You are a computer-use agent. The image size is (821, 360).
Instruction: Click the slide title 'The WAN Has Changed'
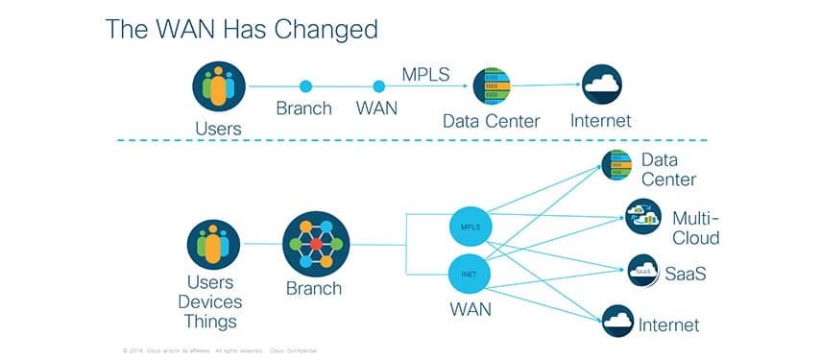(241, 30)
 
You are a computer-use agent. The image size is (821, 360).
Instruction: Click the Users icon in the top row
(219, 86)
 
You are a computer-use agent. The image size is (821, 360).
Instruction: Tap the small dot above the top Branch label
(306, 86)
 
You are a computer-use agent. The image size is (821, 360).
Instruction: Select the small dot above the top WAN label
(376, 86)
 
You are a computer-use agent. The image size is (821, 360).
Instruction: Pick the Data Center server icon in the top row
(492, 86)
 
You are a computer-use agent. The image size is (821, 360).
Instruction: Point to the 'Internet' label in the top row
(601, 121)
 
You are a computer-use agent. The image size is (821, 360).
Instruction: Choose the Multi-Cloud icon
(642, 215)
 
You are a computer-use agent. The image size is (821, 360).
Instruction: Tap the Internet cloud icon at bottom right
(617, 321)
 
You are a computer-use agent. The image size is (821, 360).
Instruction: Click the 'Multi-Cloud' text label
(695, 228)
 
